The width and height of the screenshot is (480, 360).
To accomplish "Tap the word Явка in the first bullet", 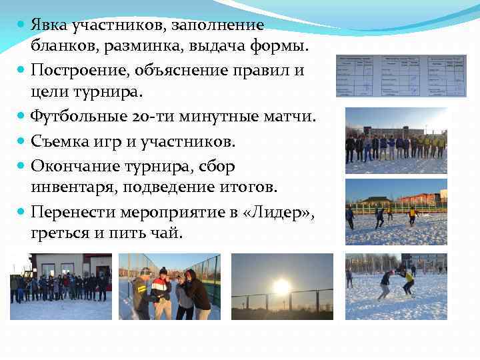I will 53,25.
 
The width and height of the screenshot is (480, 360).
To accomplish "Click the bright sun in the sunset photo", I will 283,287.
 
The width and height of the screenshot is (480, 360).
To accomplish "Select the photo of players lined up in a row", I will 396,141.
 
